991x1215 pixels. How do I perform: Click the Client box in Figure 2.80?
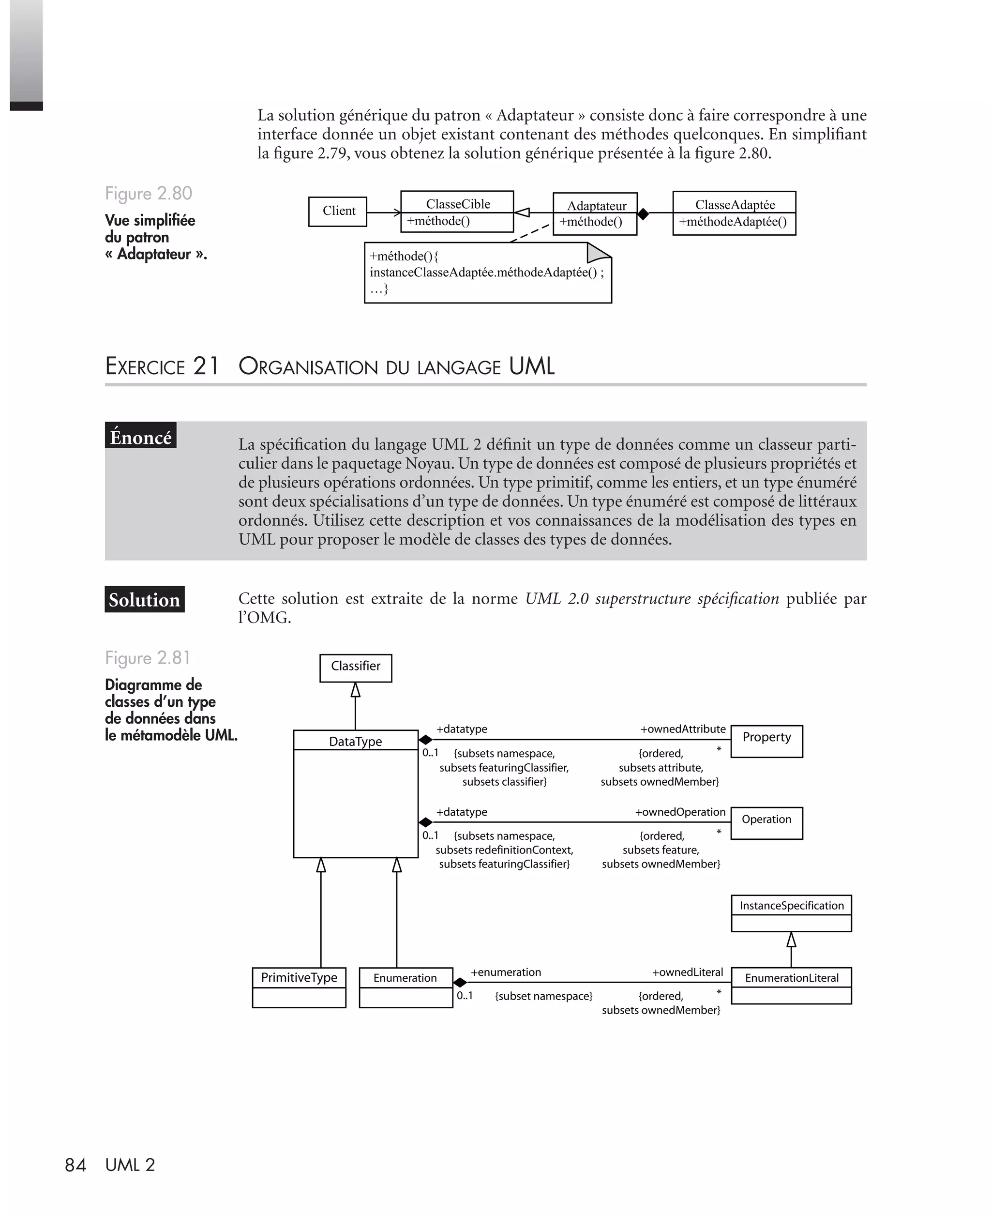pyautogui.click(x=337, y=211)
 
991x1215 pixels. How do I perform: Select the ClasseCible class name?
pyautogui.click(x=458, y=204)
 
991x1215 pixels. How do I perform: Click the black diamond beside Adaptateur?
pyautogui.click(x=644, y=213)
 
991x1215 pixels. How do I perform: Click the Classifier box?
pyautogui.click(x=355, y=667)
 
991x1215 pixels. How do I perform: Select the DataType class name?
pyautogui.click(x=355, y=741)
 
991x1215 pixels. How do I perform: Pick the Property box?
pyautogui.click(x=766, y=741)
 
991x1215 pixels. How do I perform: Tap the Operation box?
pyautogui.click(x=766, y=822)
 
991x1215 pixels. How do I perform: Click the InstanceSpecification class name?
pyautogui.click(x=791, y=906)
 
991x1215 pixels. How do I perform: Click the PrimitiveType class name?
pyautogui.click(x=299, y=977)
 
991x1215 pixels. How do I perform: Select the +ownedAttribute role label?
pyautogui.click(x=683, y=729)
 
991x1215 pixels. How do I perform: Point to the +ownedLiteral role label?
pyautogui.click(x=687, y=972)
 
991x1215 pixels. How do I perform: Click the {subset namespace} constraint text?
pyautogui.click(x=543, y=996)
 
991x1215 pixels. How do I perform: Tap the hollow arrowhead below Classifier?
pyautogui.click(x=355, y=690)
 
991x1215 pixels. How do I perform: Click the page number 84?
pyautogui.click(x=75, y=1165)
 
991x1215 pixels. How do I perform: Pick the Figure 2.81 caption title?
pyautogui.click(x=147, y=658)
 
